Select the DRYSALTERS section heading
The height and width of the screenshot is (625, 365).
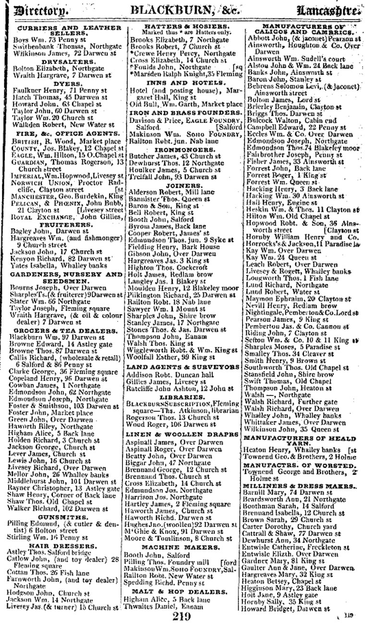[60, 61]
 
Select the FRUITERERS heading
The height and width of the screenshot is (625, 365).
[60, 224]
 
